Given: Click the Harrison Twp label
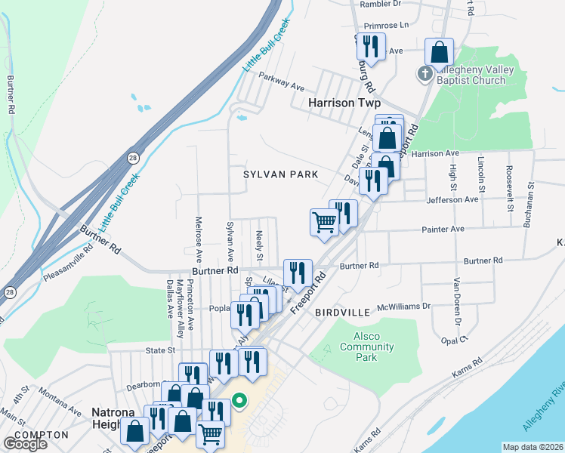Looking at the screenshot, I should point(344,103).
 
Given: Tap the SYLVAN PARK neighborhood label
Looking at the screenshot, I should point(280,174).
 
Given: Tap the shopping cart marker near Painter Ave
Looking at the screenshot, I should point(324,223).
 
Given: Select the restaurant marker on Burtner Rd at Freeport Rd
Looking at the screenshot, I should point(298,273).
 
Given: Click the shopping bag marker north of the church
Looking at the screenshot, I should point(440,52).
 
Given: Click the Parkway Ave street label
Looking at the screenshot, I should point(281,82).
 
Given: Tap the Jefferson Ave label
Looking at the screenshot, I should point(455,200).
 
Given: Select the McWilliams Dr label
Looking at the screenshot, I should point(403,307).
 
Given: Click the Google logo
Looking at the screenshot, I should point(24,444).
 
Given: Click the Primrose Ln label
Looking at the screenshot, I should point(383,24).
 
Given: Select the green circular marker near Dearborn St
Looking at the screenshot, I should point(239,400).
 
